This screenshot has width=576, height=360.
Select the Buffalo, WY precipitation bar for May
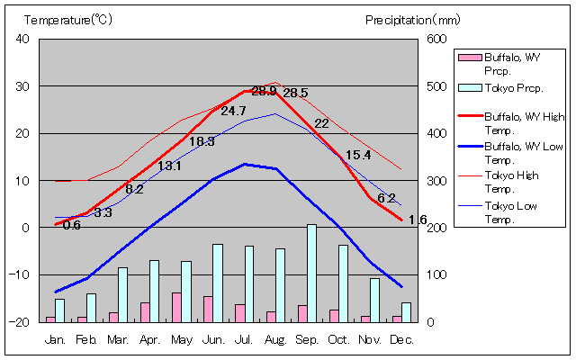coord(176,307)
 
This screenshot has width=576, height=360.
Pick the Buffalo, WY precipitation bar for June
coord(208,309)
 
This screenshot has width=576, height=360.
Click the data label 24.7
coord(233,111)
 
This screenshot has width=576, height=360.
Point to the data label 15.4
coord(358,155)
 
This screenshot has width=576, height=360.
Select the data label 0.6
coord(71,225)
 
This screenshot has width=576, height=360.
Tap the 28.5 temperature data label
coord(295,93)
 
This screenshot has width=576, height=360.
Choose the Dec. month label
coord(401,339)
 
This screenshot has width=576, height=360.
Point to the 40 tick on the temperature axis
coord(22,39)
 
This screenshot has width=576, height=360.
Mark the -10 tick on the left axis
coord(21,274)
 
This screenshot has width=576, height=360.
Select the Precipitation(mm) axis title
coord(413,19)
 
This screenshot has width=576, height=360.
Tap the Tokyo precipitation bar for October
coord(343,283)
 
